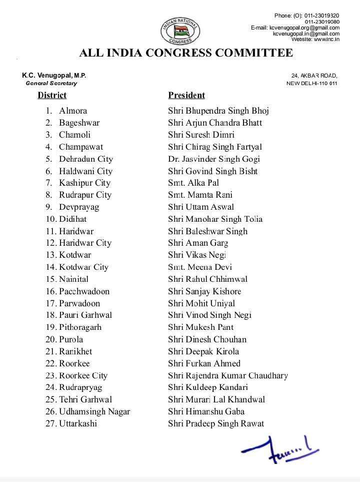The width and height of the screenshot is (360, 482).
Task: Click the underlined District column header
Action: coord(52,95)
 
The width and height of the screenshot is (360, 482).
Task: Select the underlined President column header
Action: coord(186,95)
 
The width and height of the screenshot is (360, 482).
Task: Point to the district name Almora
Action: coord(73,111)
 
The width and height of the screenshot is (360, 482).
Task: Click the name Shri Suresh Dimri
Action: coord(201,135)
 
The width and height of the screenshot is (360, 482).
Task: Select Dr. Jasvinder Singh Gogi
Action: coord(214,159)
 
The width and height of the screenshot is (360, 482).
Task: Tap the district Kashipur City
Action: coord(84,183)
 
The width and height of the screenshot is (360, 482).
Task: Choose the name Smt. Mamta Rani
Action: coord(200,195)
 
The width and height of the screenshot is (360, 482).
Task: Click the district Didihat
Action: coord(72,219)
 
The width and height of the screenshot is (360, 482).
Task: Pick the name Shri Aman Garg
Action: coord(198,243)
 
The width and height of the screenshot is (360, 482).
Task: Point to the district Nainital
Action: coord(73,279)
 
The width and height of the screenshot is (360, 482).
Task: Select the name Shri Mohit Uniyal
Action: coord(201,303)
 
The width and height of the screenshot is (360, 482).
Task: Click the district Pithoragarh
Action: coord(80,327)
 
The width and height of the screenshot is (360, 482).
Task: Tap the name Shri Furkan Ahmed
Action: coord(204,363)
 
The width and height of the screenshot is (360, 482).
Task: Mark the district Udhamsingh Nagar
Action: coord(94,411)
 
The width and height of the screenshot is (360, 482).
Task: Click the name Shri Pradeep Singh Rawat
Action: coord(216,423)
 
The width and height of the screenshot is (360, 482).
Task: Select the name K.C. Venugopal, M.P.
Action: coord(54,75)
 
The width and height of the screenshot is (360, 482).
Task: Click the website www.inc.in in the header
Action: coord(315,39)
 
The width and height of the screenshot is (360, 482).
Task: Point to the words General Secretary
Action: coord(51,83)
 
